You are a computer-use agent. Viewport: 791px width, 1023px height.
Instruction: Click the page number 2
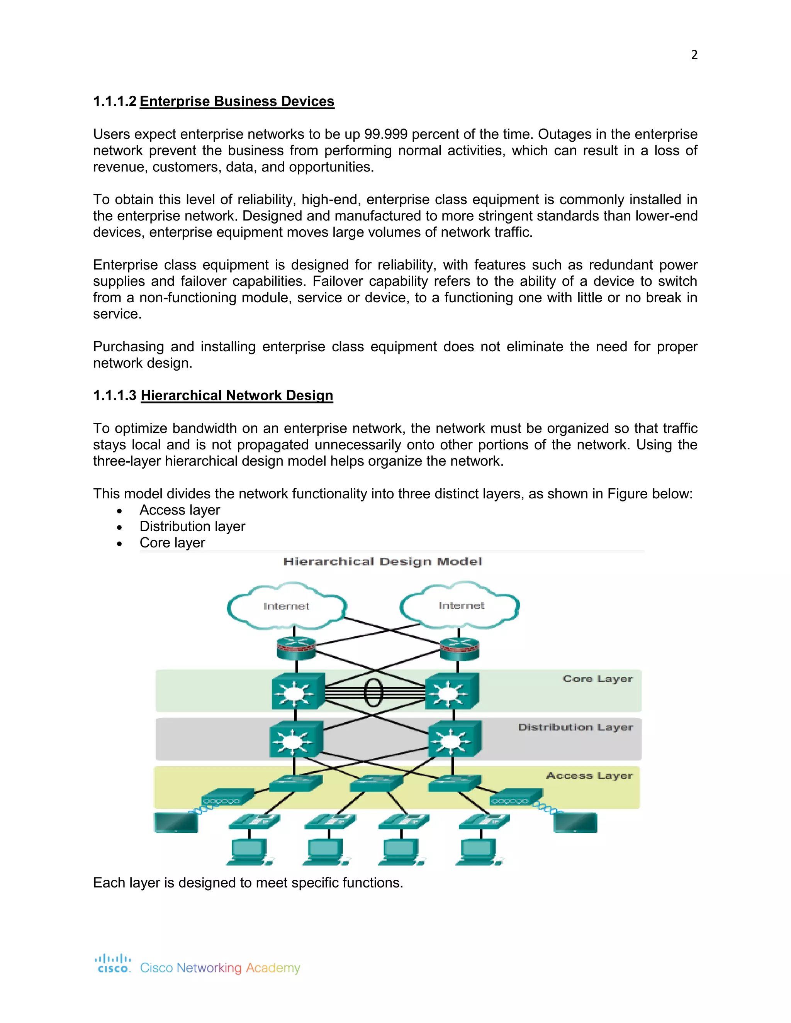pos(694,55)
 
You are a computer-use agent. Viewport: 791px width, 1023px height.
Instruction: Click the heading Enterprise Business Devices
pos(237,101)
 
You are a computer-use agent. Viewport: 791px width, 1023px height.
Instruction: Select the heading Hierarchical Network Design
pos(237,395)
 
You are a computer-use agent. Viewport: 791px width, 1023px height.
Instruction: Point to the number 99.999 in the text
pos(386,134)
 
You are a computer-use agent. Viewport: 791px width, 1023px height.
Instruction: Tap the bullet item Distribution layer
pos(192,526)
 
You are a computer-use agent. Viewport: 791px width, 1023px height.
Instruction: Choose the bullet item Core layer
pos(172,542)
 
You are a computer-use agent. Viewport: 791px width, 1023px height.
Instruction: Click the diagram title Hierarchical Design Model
pos(382,562)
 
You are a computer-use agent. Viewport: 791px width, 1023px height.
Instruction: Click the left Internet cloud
pos(286,606)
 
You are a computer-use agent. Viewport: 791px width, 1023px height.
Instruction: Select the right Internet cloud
pos(461,605)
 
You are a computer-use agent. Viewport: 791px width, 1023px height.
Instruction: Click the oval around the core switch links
pos(373,692)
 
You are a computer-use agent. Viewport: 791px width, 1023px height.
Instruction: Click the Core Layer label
pos(597,679)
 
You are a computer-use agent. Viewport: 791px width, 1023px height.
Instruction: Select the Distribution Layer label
pos(575,727)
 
